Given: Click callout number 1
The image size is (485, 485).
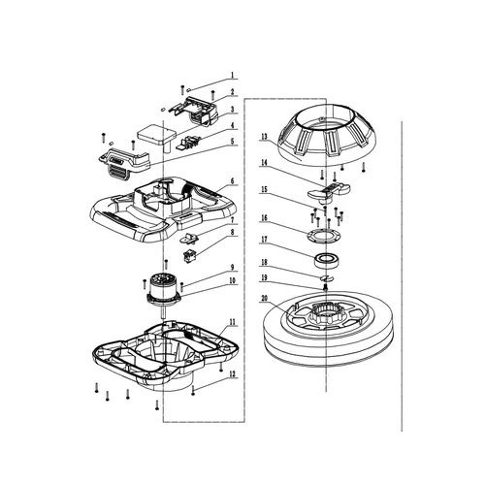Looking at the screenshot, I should (233, 75).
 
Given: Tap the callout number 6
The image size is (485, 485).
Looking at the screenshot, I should (233, 180).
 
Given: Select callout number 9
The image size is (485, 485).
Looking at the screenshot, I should (233, 268).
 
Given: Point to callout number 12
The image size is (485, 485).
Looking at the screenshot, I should (233, 374).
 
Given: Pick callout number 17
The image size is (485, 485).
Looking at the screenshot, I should (263, 240).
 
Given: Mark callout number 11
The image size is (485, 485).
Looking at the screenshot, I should (233, 321).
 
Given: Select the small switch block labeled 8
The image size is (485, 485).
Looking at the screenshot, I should (190, 257).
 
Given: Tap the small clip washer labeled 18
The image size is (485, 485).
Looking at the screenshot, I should (325, 280).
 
